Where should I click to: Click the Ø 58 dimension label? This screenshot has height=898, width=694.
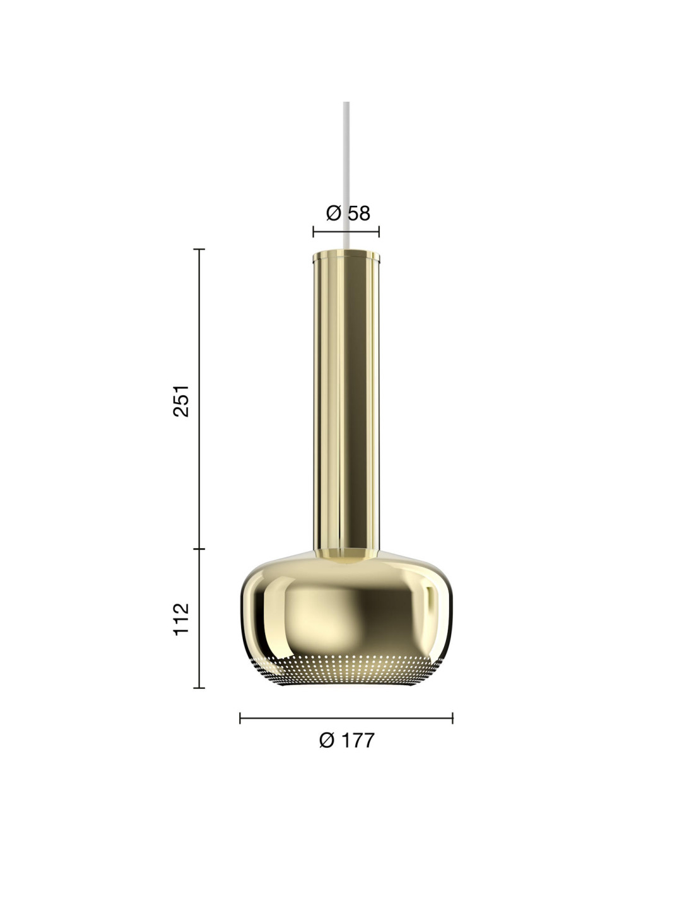pos(348,213)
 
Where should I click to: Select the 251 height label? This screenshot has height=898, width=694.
pos(181,400)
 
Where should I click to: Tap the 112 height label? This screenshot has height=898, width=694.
pos(181,619)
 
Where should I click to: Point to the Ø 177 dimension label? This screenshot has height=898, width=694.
pos(346,740)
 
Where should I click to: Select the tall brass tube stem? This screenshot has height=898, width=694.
pos(346,404)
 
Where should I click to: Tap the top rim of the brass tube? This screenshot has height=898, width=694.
pos(346,256)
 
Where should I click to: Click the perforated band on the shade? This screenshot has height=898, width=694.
pos(346,669)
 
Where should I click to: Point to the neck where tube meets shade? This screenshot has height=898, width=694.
pos(346,554)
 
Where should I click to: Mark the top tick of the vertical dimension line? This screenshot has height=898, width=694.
pos(199,249)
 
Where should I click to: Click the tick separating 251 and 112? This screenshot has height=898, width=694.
pos(199,549)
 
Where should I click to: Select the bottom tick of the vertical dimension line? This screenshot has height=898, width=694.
pos(199,688)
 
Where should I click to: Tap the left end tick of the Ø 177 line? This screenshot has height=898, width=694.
pos(240,718)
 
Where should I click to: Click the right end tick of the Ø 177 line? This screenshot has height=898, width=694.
pos(452,718)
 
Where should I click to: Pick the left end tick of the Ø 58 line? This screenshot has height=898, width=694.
pos(314,232)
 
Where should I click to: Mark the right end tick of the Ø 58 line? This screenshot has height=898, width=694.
pos(379,232)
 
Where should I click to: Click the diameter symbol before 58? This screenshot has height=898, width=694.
pos(334,213)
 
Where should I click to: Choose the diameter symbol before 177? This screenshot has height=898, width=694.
pos(327,740)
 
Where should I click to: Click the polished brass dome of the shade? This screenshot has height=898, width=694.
pos(346,606)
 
